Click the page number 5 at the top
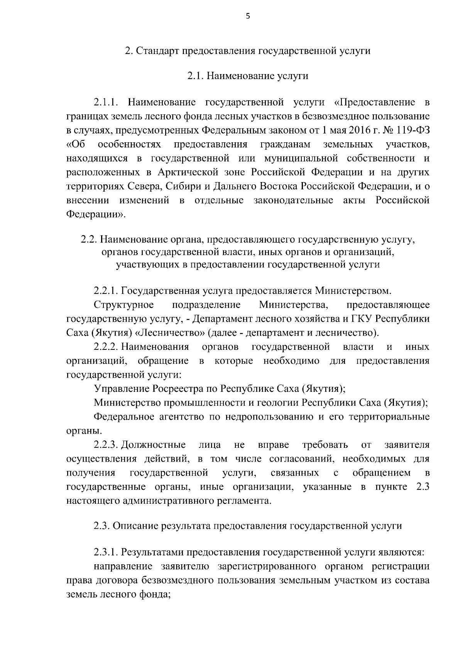[248, 16]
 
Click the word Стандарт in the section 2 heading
[157, 51]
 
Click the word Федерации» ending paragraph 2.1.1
[96, 214]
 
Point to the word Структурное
[124, 305]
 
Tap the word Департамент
[219, 319]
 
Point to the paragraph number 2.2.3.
[106, 445]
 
